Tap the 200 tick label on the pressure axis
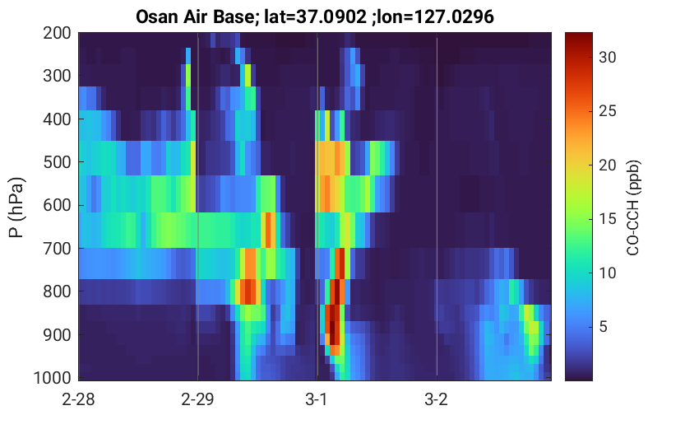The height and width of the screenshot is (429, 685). (57, 33)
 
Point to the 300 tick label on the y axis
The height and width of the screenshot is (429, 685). (57, 76)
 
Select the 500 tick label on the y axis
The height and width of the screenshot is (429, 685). (57, 162)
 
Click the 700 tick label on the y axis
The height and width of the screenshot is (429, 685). (57, 249)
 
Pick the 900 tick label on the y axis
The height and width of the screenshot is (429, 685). (57, 335)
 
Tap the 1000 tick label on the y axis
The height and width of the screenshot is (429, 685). (53, 377)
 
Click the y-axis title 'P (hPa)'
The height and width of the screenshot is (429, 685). (16, 208)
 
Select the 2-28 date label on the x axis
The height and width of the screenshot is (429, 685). (78, 399)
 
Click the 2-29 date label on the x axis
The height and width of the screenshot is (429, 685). (197, 399)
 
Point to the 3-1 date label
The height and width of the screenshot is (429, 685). (317, 399)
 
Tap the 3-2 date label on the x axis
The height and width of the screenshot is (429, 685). (436, 399)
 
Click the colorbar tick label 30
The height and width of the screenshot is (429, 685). (607, 57)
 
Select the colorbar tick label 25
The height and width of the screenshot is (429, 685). (607, 111)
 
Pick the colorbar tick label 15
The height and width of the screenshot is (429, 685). (607, 219)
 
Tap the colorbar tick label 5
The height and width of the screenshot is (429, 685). (604, 327)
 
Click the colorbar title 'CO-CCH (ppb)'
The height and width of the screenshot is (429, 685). (633, 208)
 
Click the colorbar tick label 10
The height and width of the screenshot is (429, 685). (607, 273)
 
